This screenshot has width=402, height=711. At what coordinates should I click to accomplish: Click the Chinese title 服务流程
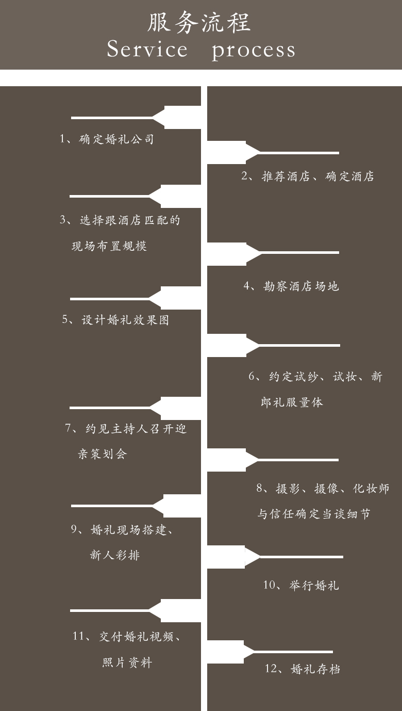click(x=199, y=22)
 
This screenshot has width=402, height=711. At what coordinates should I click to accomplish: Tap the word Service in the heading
click(x=147, y=49)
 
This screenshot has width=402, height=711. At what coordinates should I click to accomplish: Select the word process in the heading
click(x=254, y=51)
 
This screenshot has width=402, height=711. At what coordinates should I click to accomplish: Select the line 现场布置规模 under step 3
click(x=109, y=246)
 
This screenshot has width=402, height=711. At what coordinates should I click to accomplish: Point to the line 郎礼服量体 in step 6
click(x=292, y=402)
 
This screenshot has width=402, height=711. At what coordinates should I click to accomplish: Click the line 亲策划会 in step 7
click(x=103, y=454)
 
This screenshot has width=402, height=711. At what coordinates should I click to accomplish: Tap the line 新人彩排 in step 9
click(x=115, y=555)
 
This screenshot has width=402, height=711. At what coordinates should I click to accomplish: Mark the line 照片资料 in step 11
click(x=127, y=662)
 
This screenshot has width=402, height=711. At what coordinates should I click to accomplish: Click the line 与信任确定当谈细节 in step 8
click(x=313, y=514)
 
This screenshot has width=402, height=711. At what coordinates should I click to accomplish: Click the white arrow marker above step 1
click(x=136, y=118)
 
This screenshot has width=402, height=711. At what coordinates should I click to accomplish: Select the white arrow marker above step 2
click(x=273, y=153)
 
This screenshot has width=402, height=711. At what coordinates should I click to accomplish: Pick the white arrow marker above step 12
click(x=270, y=652)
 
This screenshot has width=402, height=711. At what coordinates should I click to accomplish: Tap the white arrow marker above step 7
click(x=135, y=408)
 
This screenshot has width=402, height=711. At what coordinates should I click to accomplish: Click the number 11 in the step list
click(x=78, y=636)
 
